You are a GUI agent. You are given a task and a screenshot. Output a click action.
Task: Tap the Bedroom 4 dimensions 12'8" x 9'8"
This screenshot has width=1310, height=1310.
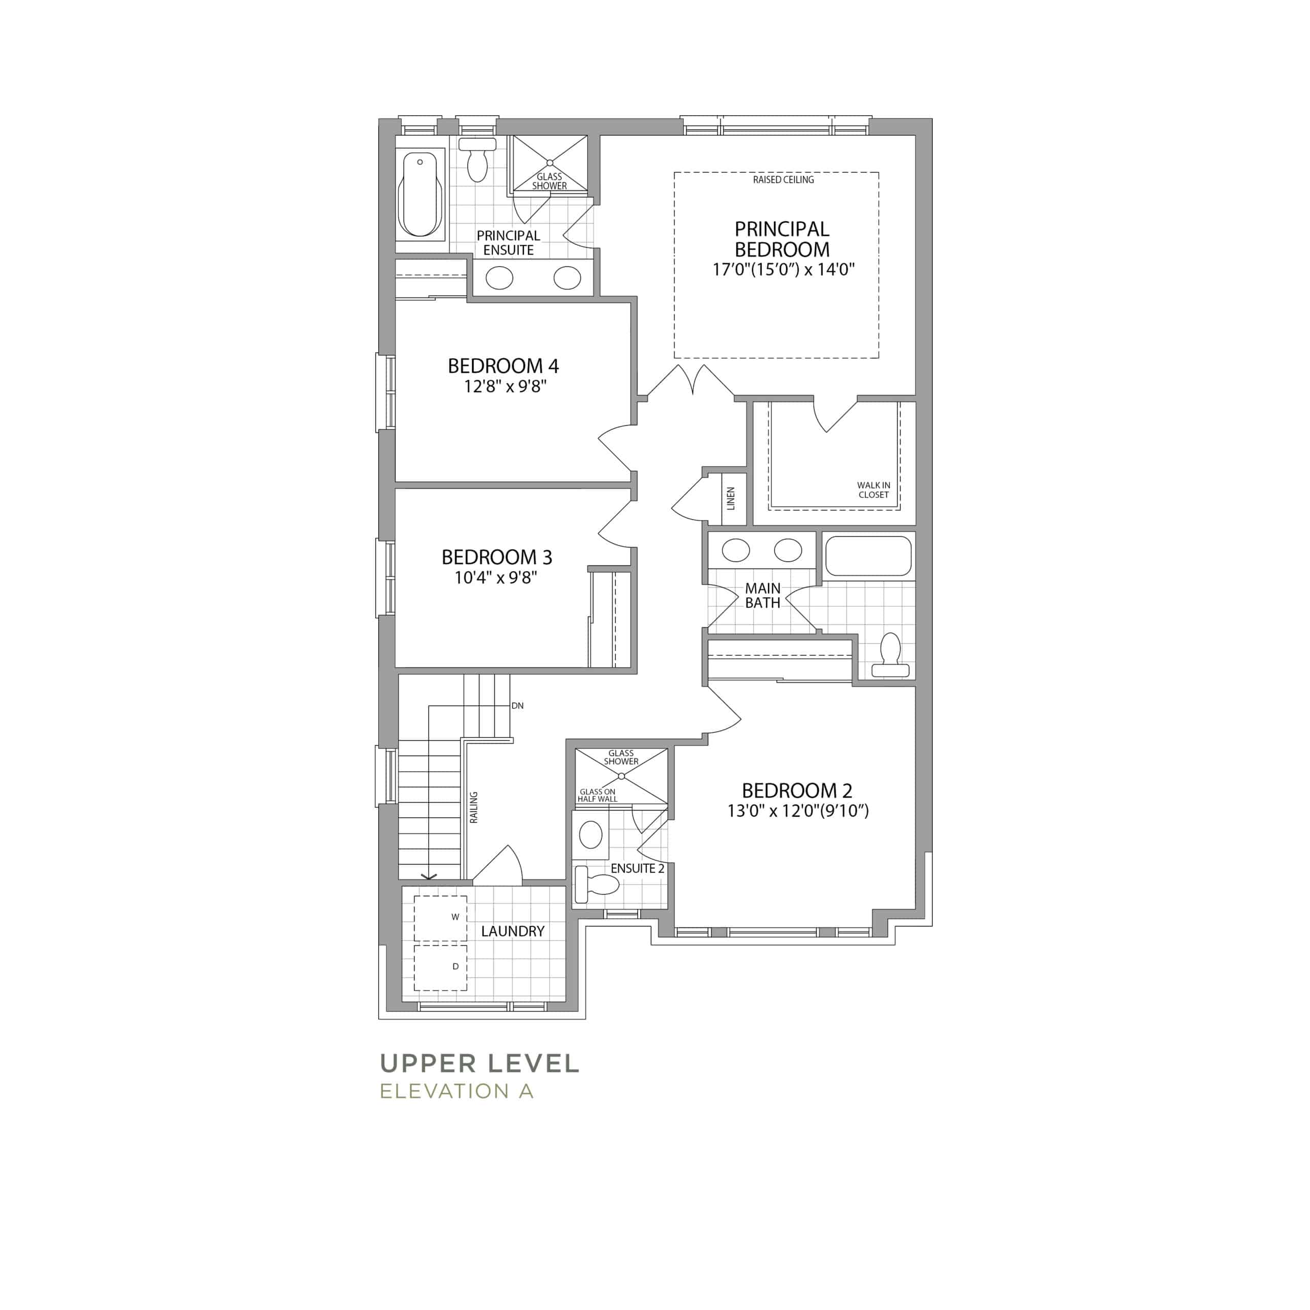tap(505, 386)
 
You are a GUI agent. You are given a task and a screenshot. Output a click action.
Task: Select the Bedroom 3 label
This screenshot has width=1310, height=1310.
tap(497, 557)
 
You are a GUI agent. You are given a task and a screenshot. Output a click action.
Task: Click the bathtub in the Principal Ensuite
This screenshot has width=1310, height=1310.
tap(421, 194)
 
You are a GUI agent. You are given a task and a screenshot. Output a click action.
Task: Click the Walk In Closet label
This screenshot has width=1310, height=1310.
tap(874, 490)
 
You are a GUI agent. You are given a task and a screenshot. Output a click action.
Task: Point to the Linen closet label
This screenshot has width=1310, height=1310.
tap(730, 498)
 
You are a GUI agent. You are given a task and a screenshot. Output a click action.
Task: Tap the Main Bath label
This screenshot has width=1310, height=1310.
tap(763, 595)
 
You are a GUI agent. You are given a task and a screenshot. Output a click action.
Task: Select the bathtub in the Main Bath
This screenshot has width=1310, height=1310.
tap(868, 557)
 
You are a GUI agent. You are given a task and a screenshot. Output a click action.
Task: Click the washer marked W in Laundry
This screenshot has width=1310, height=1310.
tap(441, 919)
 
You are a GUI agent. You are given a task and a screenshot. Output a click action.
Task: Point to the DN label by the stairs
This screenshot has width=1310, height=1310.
tap(517, 706)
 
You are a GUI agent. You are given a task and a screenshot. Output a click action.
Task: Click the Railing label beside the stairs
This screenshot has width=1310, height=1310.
tap(474, 807)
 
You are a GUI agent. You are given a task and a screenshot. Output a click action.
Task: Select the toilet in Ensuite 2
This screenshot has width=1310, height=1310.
tap(596, 884)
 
